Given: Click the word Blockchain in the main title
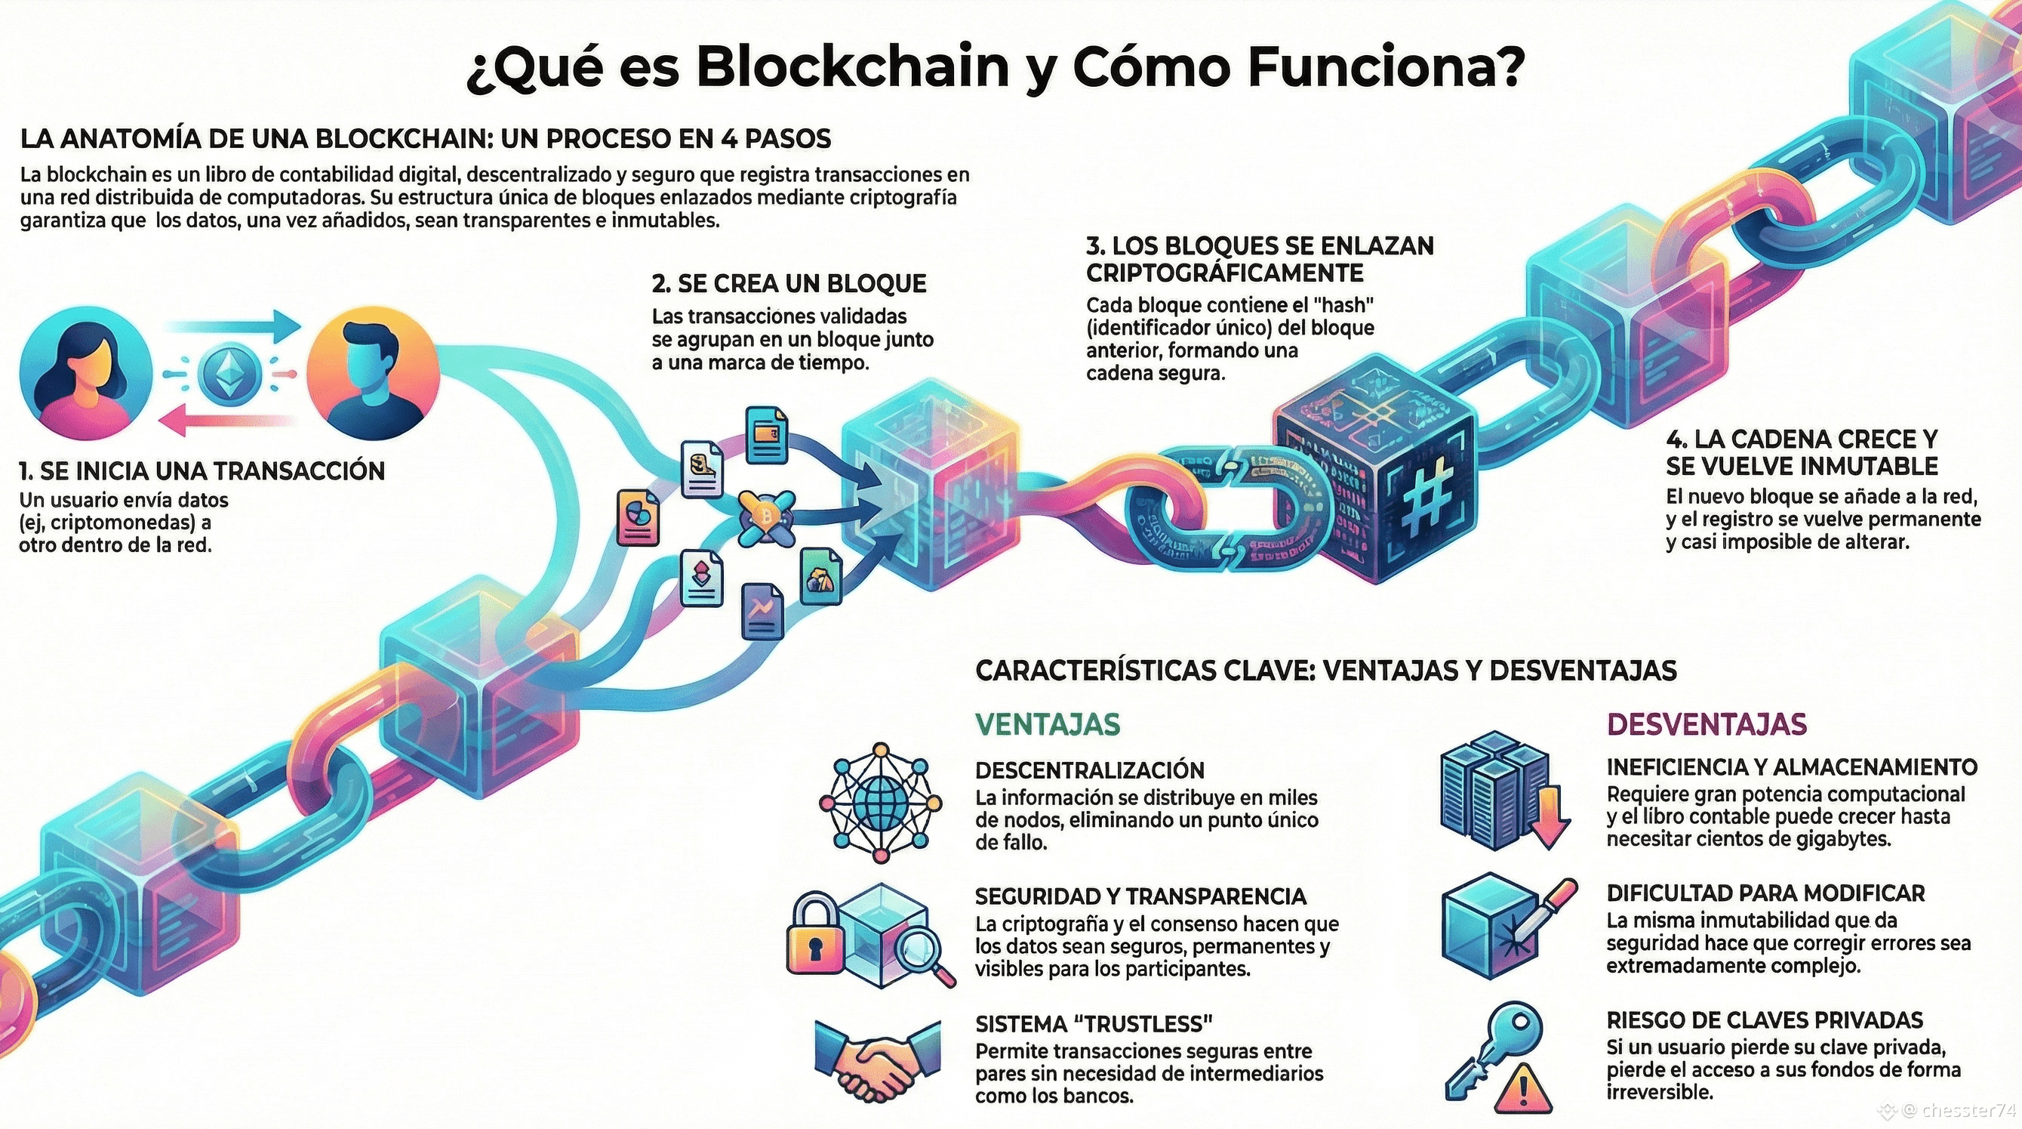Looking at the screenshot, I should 852,66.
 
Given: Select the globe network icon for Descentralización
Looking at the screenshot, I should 880,803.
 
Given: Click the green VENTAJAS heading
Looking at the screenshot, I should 1047,724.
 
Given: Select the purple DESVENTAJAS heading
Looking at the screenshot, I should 1707,724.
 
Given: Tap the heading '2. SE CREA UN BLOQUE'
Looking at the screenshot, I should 789,283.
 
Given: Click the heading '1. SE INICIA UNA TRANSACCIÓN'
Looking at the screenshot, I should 202,470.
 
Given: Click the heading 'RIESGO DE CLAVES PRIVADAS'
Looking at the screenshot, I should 1765,1019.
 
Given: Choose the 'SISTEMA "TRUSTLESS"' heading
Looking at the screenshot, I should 1094,1024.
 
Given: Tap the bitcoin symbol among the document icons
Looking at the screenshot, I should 765,516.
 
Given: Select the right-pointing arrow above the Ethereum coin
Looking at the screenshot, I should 235,324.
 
